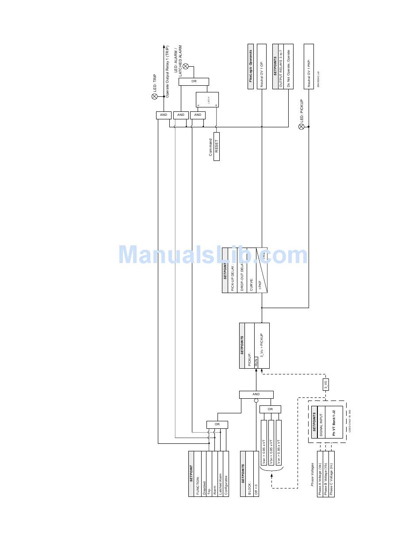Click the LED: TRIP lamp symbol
[x=154, y=96]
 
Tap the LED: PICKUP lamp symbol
[x=302, y=126]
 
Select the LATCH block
[x=207, y=99]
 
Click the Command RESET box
[x=217, y=146]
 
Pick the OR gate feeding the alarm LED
[x=194, y=82]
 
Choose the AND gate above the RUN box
[x=256, y=394]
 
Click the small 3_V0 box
[x=325, y=384]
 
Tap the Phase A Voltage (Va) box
[x=320, y=474]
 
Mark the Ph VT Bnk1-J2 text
[x=334, y=422]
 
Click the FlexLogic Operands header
[x=251, y=66]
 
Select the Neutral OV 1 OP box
[x=262, y=66]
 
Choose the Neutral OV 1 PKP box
[x=309, y=66]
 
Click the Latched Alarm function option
[x=220, y=474]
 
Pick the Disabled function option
[x=204, y=474]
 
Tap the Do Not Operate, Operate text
[x=289, y=66]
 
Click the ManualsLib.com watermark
[x=213, y=256]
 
